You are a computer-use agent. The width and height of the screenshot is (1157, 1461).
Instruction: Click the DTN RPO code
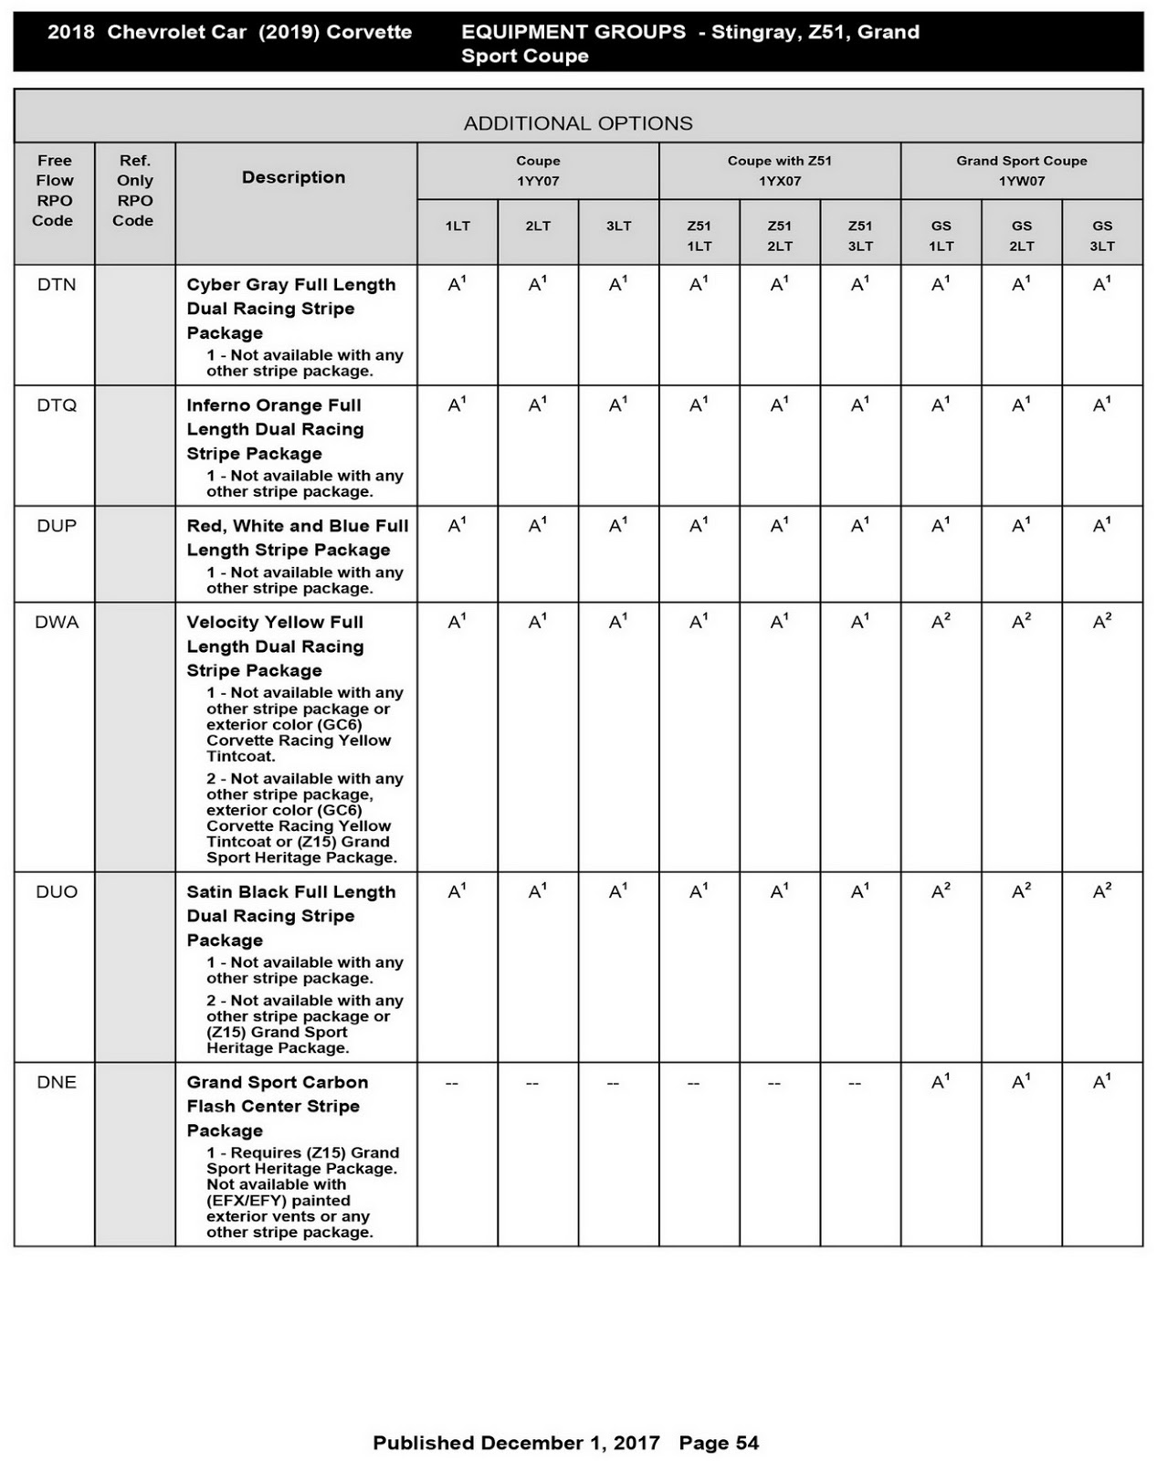click(57, 285)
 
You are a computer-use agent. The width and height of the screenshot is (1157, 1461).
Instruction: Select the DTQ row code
click(57, 405)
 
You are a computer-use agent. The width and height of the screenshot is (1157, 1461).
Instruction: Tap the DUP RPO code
click(57, 526)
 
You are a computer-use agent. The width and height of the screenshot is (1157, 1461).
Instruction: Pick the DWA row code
click(57, 623)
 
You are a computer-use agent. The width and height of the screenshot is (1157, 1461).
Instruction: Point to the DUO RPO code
click(57, 892)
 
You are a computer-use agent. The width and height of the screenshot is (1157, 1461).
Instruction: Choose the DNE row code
click(57, 1083)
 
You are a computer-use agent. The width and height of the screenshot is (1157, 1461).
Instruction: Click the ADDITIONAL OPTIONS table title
click(578, 123)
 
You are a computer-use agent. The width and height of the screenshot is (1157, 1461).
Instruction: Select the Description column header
click(293, 177)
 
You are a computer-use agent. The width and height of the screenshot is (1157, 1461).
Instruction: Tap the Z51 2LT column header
click(780, 236)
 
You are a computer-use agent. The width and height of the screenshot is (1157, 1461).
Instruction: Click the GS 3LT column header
click(1102, 236)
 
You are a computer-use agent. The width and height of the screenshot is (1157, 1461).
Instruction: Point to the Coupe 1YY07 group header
click(538, 171)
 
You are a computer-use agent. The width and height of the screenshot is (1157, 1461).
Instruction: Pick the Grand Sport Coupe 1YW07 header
click(1021, 171)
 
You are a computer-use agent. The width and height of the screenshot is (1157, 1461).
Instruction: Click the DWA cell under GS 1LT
click(941, 623)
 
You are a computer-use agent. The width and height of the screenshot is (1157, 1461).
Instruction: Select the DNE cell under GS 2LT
click(1021, 1083)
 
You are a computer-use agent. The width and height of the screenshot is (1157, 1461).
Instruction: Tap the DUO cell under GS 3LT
click(1102, 892)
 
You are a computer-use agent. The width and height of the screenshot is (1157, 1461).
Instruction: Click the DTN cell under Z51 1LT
click(699, 285)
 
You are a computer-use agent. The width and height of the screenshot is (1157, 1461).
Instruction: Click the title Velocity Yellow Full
click(275, 623)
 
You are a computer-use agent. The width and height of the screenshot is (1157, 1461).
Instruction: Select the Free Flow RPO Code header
click(54, 190)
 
